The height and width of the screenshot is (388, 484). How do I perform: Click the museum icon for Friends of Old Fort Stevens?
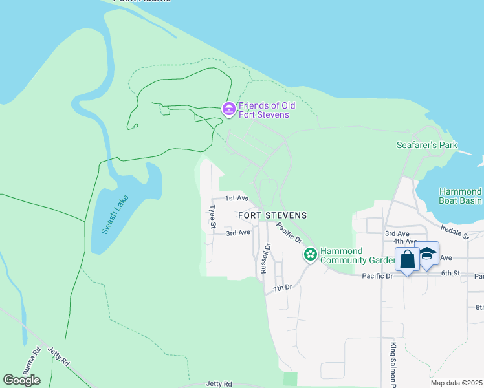228,110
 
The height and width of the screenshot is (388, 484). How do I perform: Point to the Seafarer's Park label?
426,145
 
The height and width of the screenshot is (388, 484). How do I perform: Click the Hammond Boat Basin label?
460,196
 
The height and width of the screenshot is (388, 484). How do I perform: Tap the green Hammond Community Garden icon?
311,255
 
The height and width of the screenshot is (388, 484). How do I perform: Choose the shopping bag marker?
408,260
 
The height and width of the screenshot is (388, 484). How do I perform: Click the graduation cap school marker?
428,254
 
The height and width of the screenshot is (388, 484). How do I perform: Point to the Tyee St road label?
212,217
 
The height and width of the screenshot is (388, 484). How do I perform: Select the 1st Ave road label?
237,198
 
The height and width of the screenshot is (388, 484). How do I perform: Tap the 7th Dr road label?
283,287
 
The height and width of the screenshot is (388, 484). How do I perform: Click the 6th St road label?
450,274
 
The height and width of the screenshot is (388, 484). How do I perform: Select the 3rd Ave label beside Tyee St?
238,232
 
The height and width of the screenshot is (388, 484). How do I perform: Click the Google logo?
21,380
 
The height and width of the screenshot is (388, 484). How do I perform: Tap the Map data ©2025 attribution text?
456,383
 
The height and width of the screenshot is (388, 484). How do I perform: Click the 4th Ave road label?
404,241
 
